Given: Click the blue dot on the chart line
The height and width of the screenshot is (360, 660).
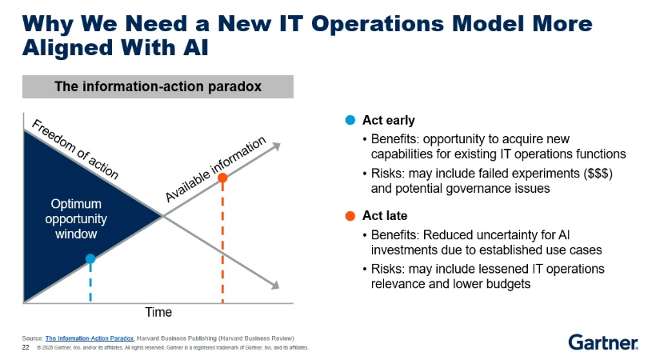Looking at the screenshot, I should (x=90, y=258).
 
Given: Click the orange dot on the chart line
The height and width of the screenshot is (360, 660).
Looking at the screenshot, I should (x=222, y=178).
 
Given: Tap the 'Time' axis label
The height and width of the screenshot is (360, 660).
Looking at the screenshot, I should (x=158, y=312).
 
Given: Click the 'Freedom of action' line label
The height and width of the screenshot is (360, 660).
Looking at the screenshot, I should (x=75, y=150).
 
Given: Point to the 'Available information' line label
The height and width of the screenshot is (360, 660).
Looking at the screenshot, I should (x=216, y=169).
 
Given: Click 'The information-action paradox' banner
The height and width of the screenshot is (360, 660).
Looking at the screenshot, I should (x=158, y=86).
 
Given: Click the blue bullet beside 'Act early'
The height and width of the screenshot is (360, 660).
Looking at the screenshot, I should (x=350, y=121).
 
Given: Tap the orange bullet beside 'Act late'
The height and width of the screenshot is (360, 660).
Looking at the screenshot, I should (x=350, y=216).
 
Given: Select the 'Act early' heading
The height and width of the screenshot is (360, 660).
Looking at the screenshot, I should (x=388, y=121).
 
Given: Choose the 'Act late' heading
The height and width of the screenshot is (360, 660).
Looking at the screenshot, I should (x=386, y=216).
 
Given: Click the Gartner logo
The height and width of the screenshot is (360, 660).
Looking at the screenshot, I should (x=603, y=342).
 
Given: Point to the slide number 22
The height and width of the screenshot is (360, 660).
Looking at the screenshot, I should (x=26, y=348).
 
